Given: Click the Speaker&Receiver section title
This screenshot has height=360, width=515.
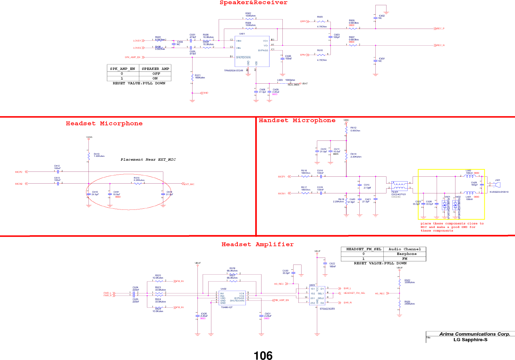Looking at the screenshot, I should pos(253,3).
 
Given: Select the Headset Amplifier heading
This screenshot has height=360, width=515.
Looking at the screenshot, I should pos(257,244).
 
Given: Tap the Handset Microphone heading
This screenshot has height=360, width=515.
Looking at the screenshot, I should pos(297,121).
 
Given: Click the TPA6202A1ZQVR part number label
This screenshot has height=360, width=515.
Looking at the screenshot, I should pos(234,71).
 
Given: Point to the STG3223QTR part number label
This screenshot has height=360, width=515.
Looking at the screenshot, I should pos(327,309).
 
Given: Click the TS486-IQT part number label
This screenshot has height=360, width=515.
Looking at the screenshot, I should pos(227,307).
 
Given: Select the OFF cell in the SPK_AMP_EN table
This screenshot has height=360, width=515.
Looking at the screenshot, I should pos(156,74).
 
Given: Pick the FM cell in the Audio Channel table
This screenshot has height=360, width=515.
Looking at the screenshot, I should pos(404,259).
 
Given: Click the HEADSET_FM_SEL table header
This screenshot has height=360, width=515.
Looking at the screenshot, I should pos(364,249).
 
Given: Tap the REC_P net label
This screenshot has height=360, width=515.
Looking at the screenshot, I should pos(440,29).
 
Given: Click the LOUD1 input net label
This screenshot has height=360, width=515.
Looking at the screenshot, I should pos(137,41).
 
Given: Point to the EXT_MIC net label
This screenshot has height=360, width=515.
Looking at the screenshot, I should pos(189,184).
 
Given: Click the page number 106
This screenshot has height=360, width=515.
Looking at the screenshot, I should pos(263,355).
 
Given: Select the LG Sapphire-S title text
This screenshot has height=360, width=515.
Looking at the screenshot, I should pos(470,340).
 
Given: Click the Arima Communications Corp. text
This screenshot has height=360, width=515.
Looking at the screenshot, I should pos(475,334).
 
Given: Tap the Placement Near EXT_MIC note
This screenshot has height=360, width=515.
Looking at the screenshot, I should pos(148,160).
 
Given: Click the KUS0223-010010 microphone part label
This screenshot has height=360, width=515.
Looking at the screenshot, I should pos(499,192).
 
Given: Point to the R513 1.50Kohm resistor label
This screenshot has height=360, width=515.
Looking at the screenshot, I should pos(99,155).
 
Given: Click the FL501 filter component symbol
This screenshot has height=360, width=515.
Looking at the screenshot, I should pos(399,185).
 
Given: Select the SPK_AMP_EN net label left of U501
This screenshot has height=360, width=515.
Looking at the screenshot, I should pos(132,57).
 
